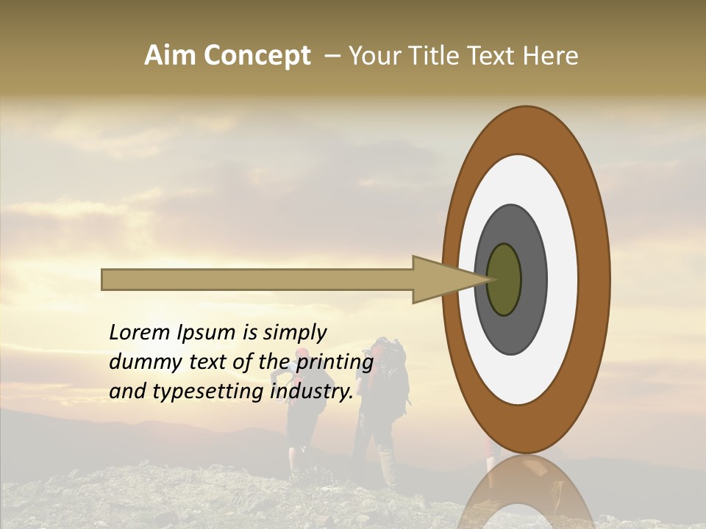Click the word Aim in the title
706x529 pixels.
click(170, 56)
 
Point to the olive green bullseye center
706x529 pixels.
click(504, 280)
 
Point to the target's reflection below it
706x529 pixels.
click(526, 492)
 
